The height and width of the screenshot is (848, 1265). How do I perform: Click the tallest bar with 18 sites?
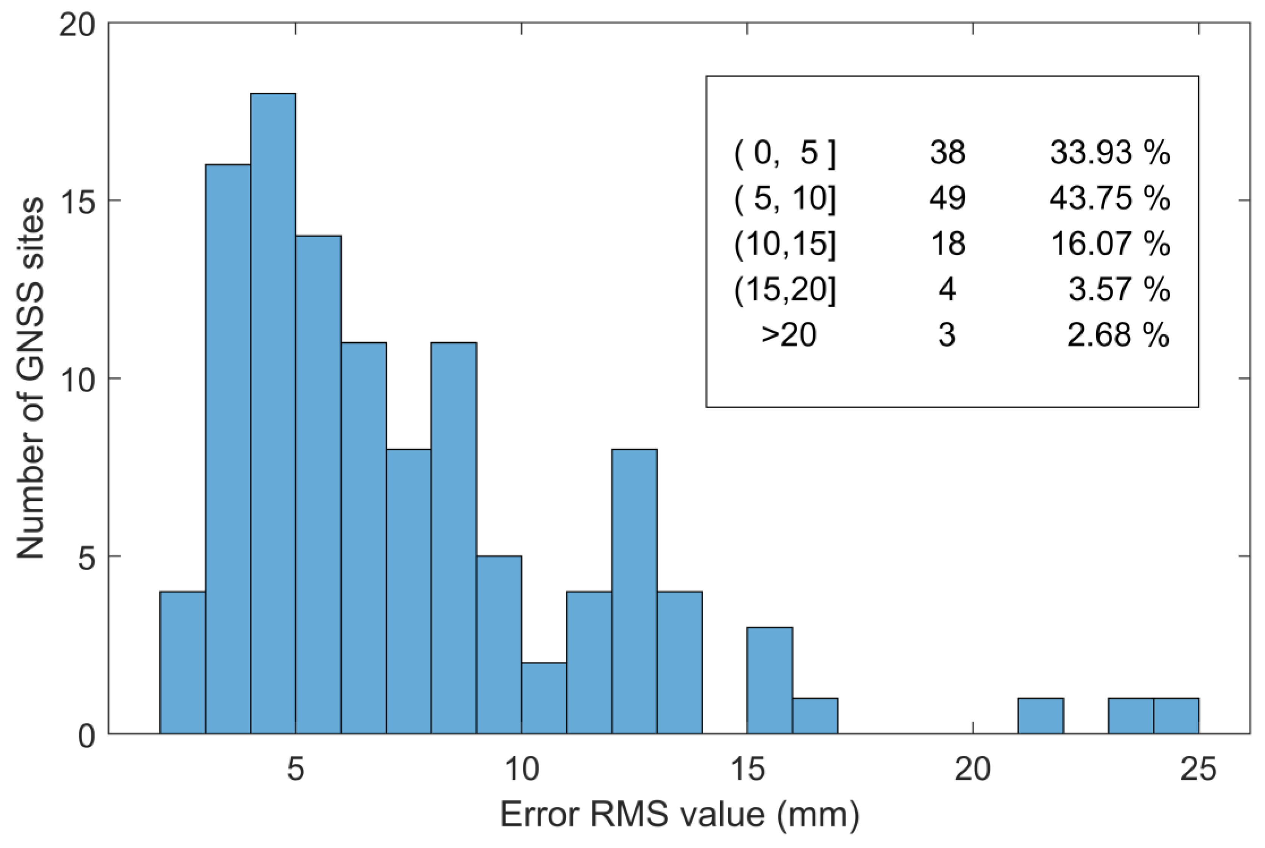(273, 414)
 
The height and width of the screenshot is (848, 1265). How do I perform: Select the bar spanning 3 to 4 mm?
(228, 449)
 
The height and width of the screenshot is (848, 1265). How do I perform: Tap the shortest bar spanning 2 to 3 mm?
(182, 662)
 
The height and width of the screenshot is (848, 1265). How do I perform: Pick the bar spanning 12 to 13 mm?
(635, 591)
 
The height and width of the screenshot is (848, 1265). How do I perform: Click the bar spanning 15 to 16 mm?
(770, 680)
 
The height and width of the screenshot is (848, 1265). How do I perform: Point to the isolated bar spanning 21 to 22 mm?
(1040, 716)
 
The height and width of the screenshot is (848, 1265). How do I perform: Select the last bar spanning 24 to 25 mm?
(1176, 716)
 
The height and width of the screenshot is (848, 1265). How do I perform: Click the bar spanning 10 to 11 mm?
(544, 698)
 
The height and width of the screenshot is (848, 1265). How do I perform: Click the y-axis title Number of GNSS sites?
(30, 379)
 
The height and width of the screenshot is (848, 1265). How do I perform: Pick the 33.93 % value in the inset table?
(1110, 154)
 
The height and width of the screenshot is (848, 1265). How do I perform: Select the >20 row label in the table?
(789, 335)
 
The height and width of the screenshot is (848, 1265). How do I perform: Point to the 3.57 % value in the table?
(1119, 290)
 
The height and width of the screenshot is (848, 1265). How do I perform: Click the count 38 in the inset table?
(947, 154)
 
